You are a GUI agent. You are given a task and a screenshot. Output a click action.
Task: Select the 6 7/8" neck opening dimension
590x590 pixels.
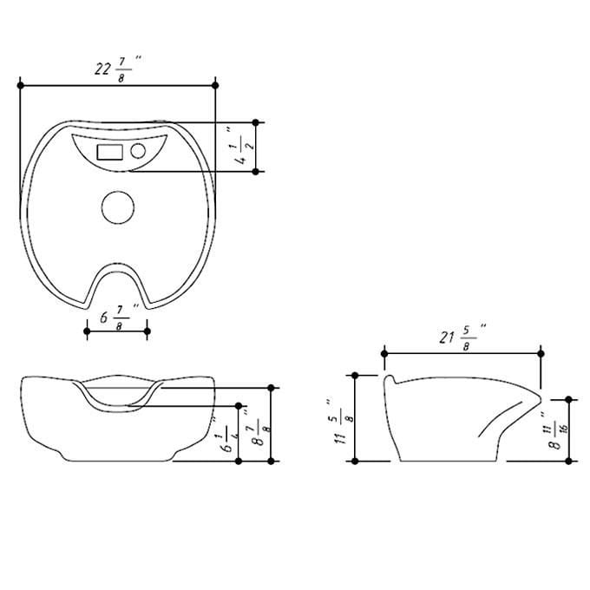pos(115,318)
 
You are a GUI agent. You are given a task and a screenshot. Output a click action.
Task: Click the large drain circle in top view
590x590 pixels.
pos(117,207)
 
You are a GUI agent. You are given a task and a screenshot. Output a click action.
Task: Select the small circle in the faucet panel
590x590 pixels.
pos(137,151)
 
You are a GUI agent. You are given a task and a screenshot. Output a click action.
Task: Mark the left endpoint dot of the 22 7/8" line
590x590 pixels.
pos(19,85)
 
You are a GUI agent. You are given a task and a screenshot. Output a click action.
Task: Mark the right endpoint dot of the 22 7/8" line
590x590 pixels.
pos(215,85)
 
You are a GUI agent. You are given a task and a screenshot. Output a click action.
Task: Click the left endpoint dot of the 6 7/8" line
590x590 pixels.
pos(87,331)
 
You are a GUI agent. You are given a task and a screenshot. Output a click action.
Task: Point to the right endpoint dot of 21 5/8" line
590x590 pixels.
pos(541,353)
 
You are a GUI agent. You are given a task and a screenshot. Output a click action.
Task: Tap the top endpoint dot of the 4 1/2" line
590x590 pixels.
pos(256,122)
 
